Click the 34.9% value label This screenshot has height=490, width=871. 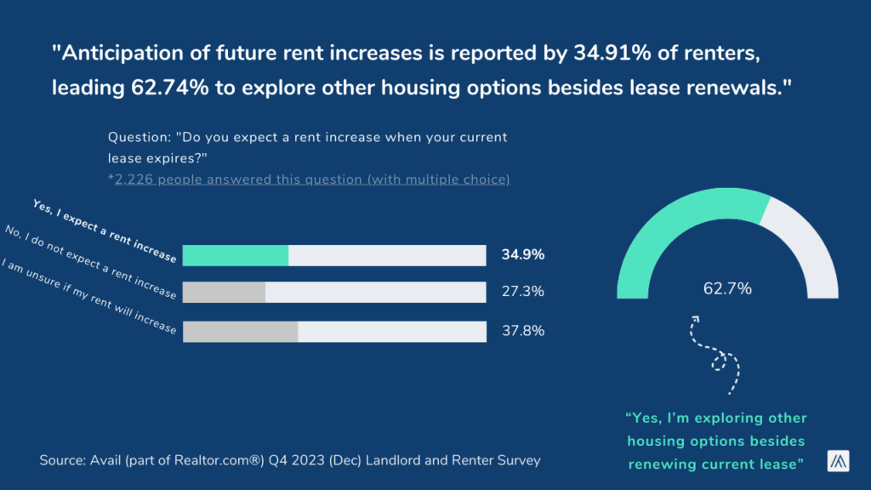tap(523, 255)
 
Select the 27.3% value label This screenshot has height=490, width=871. tap(523, 292)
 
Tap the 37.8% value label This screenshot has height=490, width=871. tap(523, 331)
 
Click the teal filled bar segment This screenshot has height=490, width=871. tap(236, 255)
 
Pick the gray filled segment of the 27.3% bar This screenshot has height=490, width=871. tap(225, 292)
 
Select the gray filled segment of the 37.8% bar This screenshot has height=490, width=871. tap(241, 331)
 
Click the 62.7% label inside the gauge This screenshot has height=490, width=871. tap(727, 288)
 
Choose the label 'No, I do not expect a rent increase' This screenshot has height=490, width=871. tap(90, 262)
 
